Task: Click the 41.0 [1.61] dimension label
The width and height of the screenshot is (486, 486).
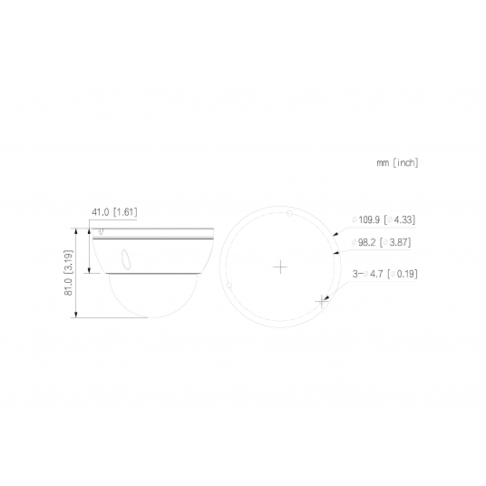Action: coord(114,212)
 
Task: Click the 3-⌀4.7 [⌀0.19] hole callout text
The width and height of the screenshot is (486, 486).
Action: coord(384,273)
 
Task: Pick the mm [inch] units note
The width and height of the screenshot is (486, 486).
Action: coord(396,163)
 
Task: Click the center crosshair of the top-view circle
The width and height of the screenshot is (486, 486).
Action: coord(281,267)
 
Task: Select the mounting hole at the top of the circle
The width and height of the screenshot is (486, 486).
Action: coord(282,215)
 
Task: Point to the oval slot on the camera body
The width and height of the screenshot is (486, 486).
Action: coord(125,258)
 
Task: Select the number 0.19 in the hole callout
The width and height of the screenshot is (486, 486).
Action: coord(406,273)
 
